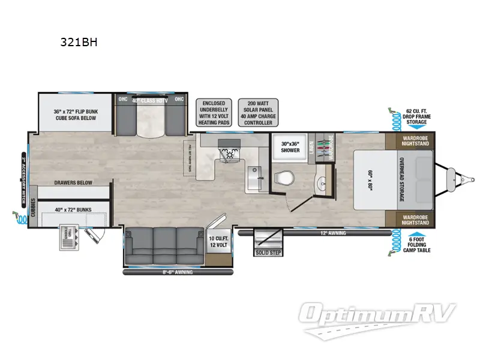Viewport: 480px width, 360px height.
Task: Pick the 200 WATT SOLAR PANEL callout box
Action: pyautogui.click(x=257, y=112)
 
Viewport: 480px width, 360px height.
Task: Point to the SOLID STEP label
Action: pyautogui.click(x=268, y=251)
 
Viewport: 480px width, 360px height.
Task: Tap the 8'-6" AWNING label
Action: pyautogui.click(x=169, y=272)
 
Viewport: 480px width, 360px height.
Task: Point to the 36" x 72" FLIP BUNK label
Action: pyautogui.click(x=74, y=115)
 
